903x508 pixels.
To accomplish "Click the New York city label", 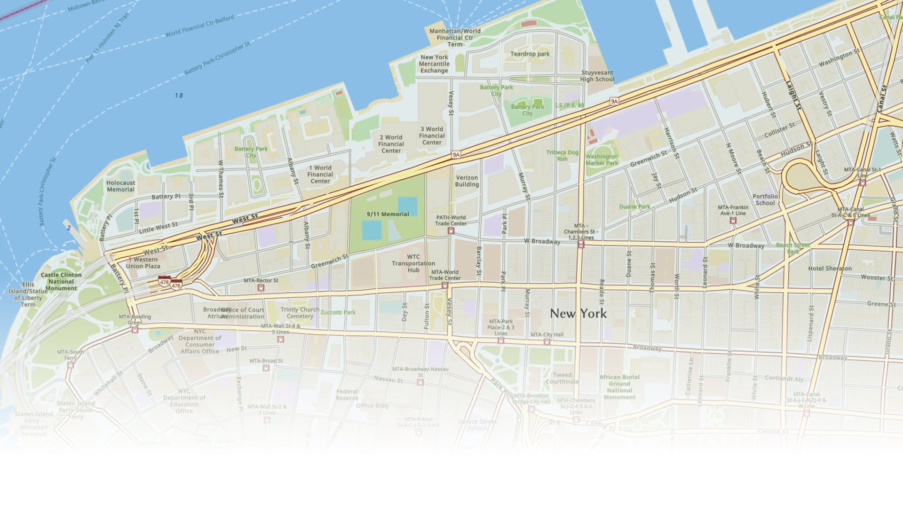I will coord(578,314).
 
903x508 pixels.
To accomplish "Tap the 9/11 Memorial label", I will coord(388,214).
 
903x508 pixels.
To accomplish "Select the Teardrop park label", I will coord(530,54).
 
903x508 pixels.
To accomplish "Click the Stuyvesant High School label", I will coord(597,76).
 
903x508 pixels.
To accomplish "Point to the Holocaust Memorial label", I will coord(120,186).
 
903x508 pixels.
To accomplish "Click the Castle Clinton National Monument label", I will coord(61,281).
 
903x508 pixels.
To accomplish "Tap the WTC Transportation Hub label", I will coord(413,263).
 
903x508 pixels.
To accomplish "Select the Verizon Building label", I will coord(467,181).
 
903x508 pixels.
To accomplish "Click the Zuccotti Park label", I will coord(338,312).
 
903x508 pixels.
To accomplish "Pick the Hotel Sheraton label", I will coord(830,269).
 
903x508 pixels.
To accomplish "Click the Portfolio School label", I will coord(765,199).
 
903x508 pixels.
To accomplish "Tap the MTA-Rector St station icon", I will coord(261,287).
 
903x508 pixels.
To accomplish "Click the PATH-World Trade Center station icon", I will coord(451,231).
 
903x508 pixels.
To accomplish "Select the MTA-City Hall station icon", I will coord(547,342).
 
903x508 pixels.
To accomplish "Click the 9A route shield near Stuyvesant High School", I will coord(614,101).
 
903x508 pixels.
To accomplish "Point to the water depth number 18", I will coord(179,95).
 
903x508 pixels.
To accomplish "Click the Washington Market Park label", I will coord(602,160).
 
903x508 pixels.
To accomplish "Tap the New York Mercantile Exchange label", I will coord(434,64).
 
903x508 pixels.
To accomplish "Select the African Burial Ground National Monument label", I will coord(619,387).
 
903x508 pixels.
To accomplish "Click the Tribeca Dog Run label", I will coord(562,156).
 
